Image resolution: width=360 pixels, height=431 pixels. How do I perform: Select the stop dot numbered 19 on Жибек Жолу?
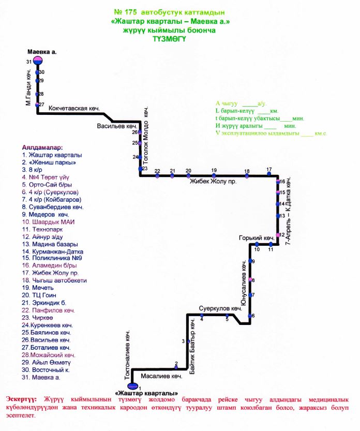(214, 176)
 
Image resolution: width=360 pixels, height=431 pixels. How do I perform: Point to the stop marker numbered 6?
(251, 316)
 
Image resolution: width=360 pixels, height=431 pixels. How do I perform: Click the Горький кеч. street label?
(256, 239)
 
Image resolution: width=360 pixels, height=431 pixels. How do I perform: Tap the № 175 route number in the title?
(126, 11)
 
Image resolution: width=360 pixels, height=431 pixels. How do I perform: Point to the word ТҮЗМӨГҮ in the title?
(170, 38)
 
